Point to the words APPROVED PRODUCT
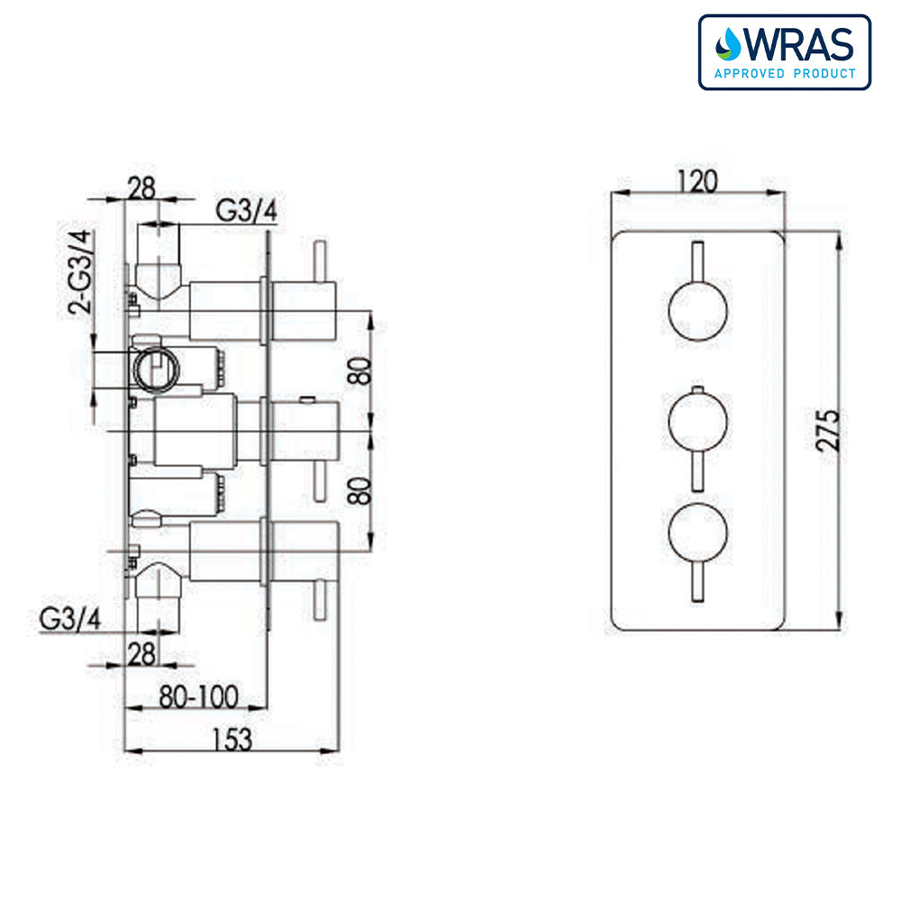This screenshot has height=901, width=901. point(785,73)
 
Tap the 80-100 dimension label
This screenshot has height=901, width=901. point(200,696)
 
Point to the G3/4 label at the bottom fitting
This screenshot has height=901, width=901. point(69,620)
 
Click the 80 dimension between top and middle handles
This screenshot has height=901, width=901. point(359,371)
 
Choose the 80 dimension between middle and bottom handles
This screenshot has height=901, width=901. point(359,490)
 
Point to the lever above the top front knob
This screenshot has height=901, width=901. point(696,261)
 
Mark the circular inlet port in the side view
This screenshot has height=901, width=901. point(155,368)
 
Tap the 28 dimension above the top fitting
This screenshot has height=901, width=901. point(141,187)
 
